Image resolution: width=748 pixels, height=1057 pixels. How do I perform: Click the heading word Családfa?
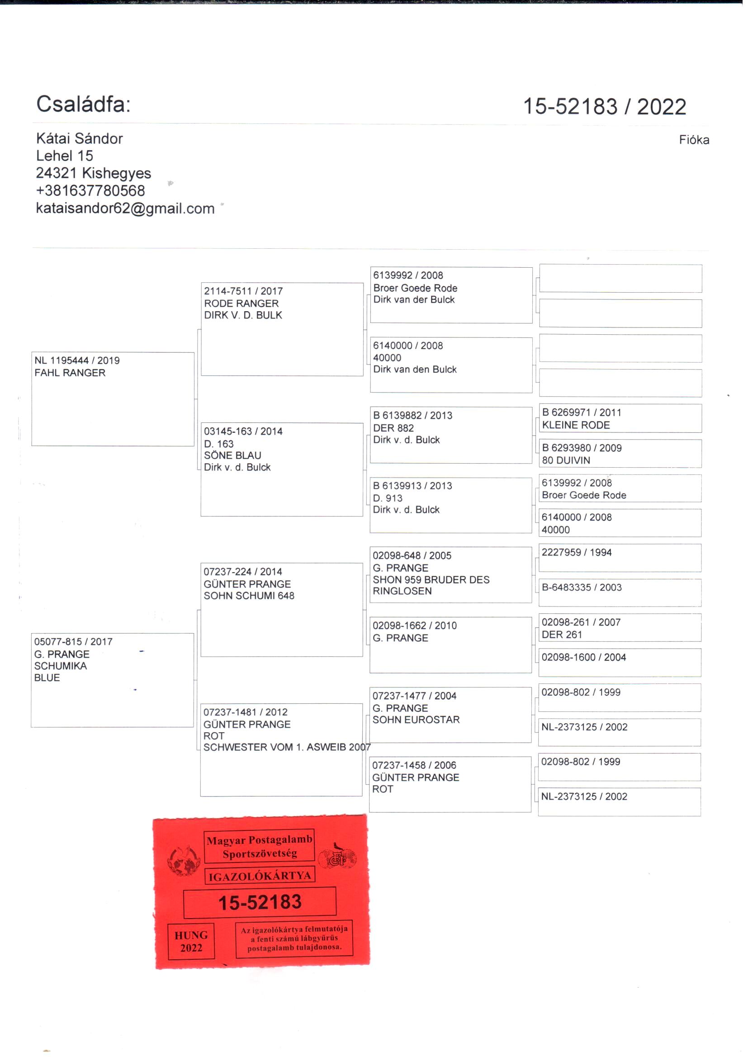tap(83, 104)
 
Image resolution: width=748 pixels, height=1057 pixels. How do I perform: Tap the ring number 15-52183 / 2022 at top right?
tap(604, 106)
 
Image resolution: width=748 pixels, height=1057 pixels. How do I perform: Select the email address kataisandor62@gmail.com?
tap(125, 209)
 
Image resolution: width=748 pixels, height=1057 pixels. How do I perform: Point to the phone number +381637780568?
tap(90, 191)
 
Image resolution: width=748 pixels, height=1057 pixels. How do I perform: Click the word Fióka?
tap(694, 140)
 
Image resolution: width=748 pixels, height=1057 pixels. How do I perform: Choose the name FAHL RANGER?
tap(70, 373)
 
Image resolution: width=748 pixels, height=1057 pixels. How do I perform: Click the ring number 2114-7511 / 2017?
tap(243, 291)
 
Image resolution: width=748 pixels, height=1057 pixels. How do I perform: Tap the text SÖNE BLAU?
tap(232, 455)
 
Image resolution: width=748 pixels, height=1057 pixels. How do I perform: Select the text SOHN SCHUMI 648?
tap(249, 596)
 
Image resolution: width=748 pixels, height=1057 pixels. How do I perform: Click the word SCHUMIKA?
tap(60, 665)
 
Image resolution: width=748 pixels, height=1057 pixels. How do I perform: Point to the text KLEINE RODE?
tap(576, 425)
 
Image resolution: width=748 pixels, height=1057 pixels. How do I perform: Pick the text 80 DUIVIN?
tap(566, 460)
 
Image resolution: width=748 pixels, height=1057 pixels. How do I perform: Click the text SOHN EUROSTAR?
tap(416, 720)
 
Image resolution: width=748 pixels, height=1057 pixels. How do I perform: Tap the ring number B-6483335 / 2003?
tap(582, 587)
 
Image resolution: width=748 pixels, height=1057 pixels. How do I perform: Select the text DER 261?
tap(562, 635)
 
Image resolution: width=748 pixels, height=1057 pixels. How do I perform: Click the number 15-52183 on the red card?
tap(260, 903)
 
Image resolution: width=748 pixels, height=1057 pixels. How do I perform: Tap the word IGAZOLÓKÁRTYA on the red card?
tap(260, 876)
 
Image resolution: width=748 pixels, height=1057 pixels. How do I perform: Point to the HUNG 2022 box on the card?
tap(191, 941)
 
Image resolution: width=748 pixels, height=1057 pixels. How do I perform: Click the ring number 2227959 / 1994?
tap(577, 552)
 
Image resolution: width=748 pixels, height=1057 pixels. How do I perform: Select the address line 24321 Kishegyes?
tap(94, 173)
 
